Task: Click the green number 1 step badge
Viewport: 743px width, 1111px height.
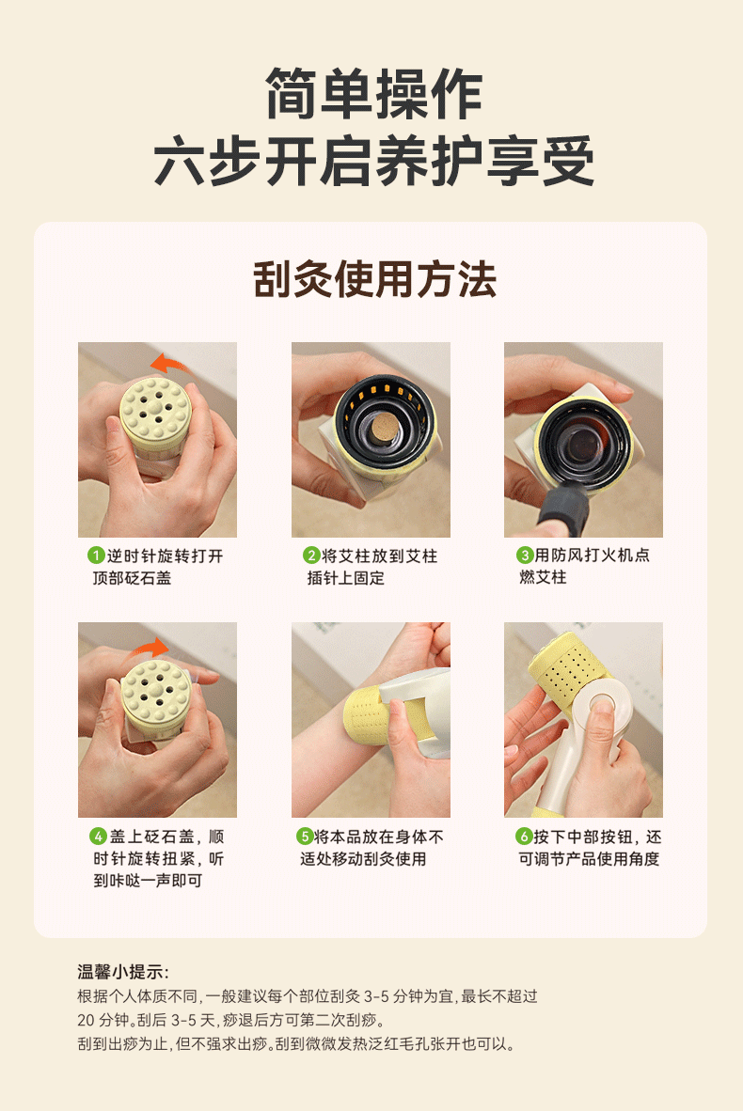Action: [x=97, y=555]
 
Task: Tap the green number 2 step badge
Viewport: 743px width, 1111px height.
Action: [x=311, y=555]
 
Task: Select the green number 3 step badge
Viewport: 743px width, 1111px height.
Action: [x=525, y=555]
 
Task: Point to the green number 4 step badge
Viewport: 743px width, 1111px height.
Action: [x=98, y=837]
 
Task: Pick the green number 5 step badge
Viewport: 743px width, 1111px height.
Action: [x=305, y=837]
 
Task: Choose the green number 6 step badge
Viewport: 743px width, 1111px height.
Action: [x=524, y=837]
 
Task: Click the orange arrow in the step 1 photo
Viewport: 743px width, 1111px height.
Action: [x=170, y=364]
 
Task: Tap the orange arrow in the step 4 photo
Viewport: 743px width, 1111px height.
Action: [x=149, y=647]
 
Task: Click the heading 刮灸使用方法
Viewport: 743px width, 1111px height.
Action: [x=374, y=279]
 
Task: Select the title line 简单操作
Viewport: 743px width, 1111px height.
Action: [x=374, y=94]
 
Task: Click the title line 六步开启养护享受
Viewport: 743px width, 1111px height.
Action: [x=374, y=162]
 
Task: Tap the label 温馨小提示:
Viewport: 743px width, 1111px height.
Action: [x=123, y=971]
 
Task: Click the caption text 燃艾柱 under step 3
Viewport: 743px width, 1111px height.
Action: [x=543, y=577]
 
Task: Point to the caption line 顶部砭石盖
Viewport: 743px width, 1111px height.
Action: [x=132, y=577]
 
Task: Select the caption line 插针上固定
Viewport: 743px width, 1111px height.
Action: [x=346, y=577]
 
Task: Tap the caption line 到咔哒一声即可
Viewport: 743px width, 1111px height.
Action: [x=149, y=880]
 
